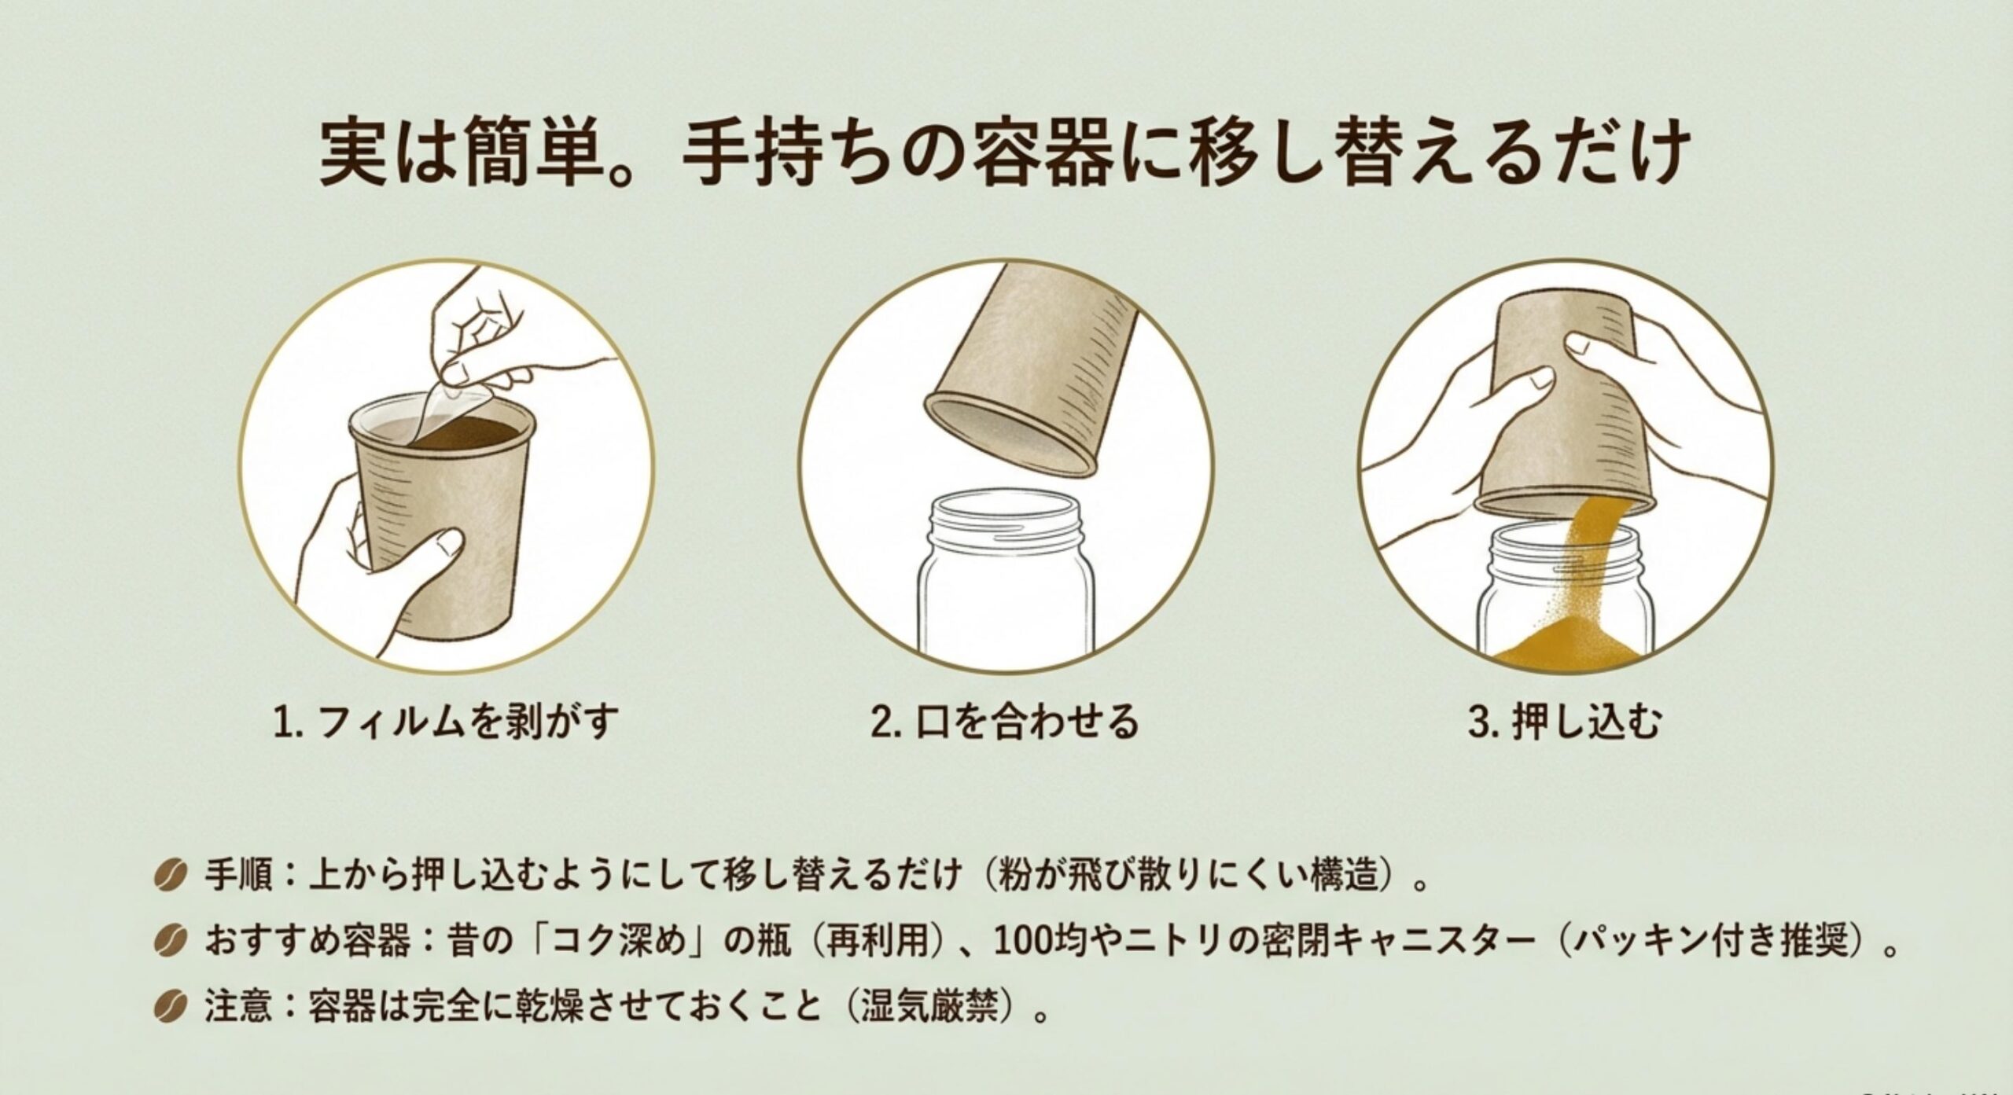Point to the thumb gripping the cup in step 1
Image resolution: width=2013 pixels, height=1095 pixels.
tap(437, 550)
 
